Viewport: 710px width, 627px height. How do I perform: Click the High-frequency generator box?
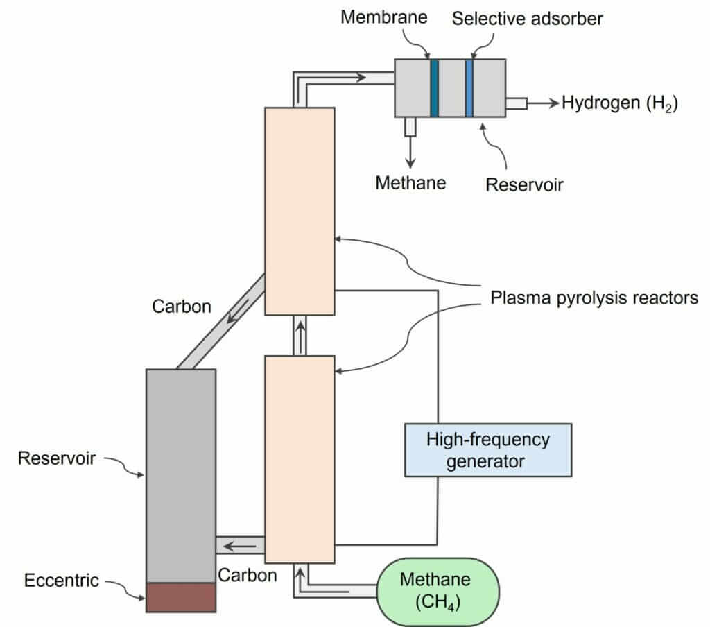pos(488,449)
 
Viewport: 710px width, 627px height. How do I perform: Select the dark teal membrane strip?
pos(435,87)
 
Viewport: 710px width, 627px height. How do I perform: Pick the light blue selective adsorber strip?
pos(469,87)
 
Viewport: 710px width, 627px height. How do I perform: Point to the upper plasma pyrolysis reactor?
pos(300,211)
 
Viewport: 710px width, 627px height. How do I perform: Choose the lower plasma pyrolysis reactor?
pos(300,458)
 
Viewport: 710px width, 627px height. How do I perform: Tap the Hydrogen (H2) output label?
pos(619,103)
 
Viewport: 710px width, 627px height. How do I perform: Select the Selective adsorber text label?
pos(528,18)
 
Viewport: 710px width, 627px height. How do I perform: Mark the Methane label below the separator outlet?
pos(410,183)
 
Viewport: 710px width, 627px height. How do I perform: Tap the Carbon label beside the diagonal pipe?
pos(182,306)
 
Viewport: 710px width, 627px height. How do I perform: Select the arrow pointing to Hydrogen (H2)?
pos(543,103)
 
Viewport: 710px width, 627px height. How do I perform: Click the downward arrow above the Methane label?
pos(410,152)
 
